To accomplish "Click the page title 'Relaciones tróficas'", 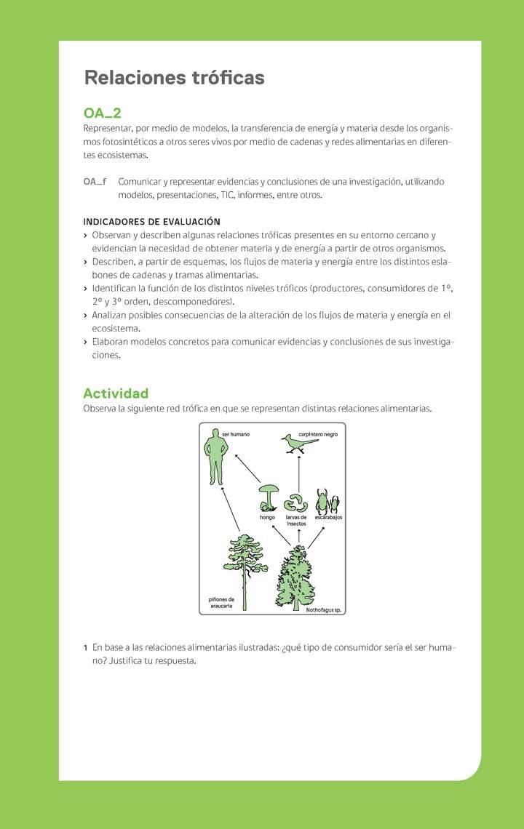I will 173,78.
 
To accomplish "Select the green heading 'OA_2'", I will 102,113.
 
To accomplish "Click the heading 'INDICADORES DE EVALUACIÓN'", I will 151,222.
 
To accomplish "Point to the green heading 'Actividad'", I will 116,393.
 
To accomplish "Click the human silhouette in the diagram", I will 215,457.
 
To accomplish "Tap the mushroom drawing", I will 269,497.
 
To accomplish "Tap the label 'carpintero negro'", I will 318,434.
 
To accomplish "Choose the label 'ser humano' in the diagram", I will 236,434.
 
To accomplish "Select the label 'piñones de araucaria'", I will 221,603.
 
